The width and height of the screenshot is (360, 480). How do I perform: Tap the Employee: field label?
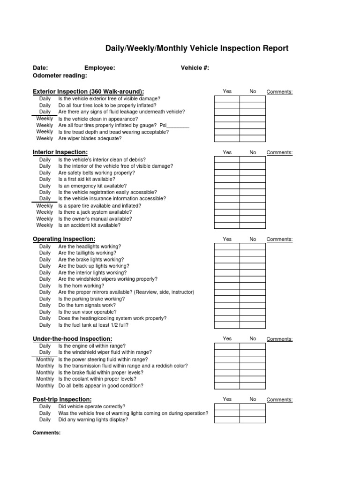tap(99, 68)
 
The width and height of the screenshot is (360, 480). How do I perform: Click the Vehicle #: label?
tap(195, 68)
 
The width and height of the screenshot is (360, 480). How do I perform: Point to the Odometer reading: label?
tap(60, 76)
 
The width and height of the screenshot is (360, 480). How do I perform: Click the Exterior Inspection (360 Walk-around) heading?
tap(88, 91)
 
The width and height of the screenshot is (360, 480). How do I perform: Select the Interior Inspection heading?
tap(60, 152)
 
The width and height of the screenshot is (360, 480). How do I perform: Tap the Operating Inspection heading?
tap(64, 239)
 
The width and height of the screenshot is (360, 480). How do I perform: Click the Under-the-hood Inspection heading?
tap(72, 338)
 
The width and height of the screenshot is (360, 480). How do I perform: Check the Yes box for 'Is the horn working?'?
tap(227, 286)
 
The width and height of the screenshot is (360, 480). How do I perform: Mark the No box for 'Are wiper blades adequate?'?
tap(252, 139)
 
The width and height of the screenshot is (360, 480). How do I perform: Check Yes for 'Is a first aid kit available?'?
tap(227, 179)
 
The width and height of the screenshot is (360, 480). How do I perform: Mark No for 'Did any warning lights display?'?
tap(252, 420)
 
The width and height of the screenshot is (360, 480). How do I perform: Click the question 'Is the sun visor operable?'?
tap(87, 312)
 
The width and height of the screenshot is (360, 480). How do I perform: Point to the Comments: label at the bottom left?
tap(46, 433)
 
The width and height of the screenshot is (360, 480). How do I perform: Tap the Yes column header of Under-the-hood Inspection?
tap(227, 338)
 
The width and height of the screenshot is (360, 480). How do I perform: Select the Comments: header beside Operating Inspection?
tap(279, 240)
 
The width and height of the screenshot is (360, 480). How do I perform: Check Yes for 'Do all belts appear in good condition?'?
tap(227, 386)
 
